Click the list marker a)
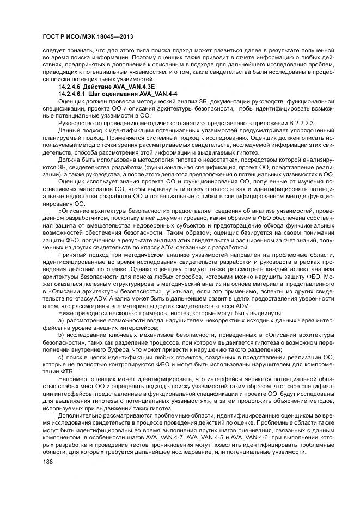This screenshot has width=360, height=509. (x=62, y=321)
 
